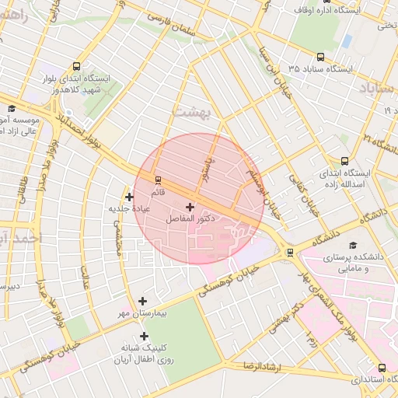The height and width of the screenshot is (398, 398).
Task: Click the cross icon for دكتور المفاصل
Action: click(190, 207)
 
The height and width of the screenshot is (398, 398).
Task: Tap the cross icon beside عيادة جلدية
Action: click(129, 197)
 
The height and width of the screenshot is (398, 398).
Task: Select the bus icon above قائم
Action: click(159, 179)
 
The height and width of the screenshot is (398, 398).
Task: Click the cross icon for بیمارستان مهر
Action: click(142, 301)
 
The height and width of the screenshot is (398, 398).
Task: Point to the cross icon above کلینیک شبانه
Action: click(144, 335)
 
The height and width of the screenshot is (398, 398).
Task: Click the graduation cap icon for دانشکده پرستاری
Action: click(354, 246)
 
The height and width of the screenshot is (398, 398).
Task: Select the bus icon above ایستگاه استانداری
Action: click(381, 368)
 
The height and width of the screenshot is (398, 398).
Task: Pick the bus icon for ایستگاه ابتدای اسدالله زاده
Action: click(344, 160)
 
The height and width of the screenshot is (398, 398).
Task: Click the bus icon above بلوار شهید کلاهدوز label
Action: click(75, 67)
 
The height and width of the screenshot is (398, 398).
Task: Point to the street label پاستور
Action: click(208, 165)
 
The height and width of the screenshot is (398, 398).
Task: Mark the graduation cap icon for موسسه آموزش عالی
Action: click(11, 110)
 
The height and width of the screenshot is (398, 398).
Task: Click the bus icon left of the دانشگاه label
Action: click(290, 252)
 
